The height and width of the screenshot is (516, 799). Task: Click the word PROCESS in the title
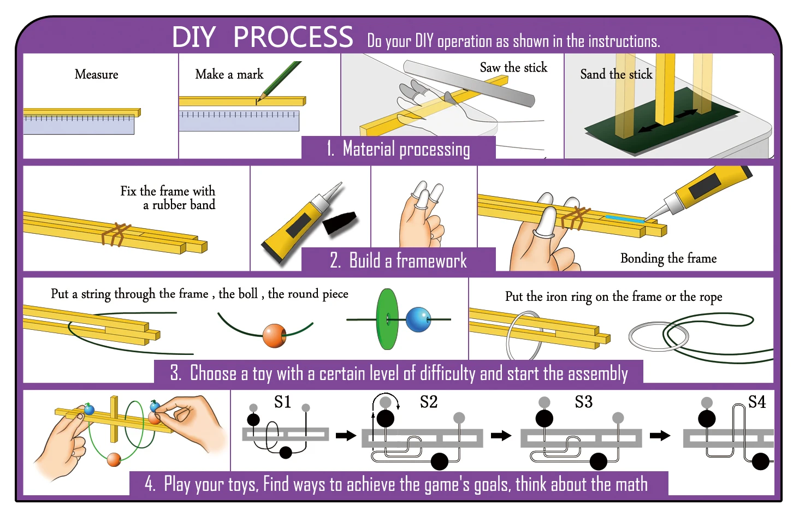coord(293,38)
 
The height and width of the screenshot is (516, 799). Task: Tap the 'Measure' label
coord(96,74)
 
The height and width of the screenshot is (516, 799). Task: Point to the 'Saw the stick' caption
coord(513,68)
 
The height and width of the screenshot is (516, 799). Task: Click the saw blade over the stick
coord(470,85)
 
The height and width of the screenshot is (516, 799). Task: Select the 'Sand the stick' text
coord(615,74)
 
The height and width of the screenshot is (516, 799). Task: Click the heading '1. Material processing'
coord(398,149)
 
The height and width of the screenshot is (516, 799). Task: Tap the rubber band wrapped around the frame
coord(115,235)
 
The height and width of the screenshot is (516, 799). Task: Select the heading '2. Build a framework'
coord(398,260)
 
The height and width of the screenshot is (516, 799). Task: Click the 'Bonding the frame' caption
coord(668,258)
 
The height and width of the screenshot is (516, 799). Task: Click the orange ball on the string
coord(274,336)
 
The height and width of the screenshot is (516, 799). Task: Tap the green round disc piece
coord(388,319)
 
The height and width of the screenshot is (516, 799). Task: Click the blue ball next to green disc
coord(419,319)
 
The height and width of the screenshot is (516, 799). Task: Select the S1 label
coord(282,402)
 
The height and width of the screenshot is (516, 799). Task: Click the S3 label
coord(583,402)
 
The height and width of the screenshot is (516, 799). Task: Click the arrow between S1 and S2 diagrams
coord(346,435)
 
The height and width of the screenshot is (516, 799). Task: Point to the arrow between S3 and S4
coord(660,435)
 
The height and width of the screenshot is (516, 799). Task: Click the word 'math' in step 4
coord(631,484)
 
